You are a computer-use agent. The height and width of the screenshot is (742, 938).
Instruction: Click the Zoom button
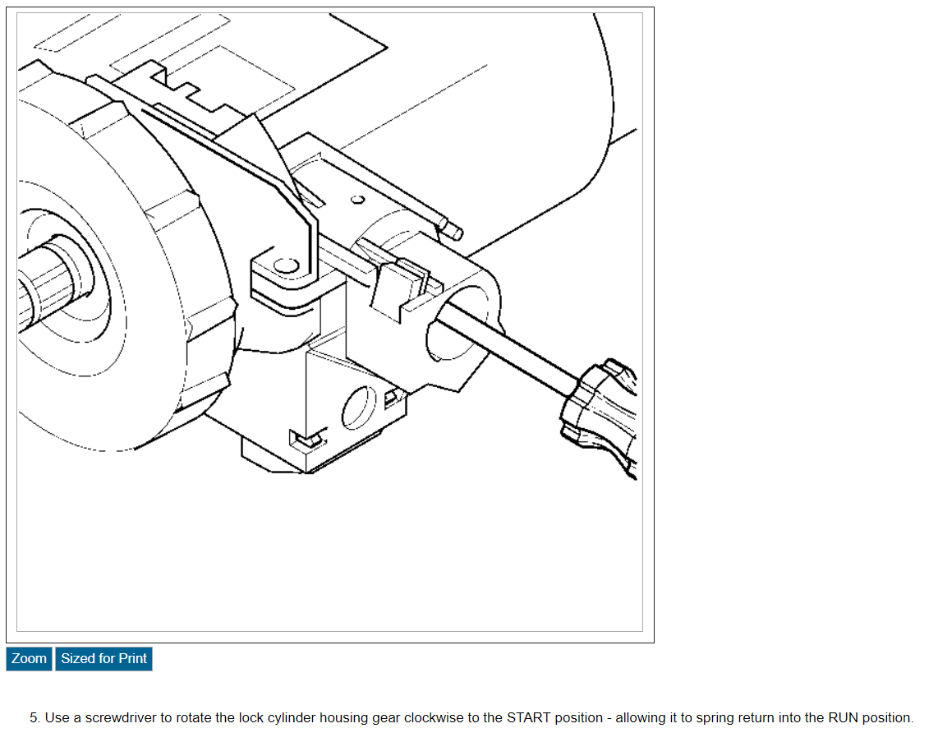click(x=29, y=658)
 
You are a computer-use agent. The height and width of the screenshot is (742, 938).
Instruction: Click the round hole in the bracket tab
click(x=285, y=266)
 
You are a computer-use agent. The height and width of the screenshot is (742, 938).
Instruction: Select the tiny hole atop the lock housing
click(x=357, y=199)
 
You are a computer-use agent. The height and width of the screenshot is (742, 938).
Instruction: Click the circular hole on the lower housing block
click(x=357, y=408)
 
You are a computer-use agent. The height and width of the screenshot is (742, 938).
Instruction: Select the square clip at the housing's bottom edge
click(x=302, y=440)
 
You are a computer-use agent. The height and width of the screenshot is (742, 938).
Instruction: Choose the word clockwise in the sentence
click(x=435, y=717)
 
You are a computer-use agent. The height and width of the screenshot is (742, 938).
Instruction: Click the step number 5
click(x=34, y=717)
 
